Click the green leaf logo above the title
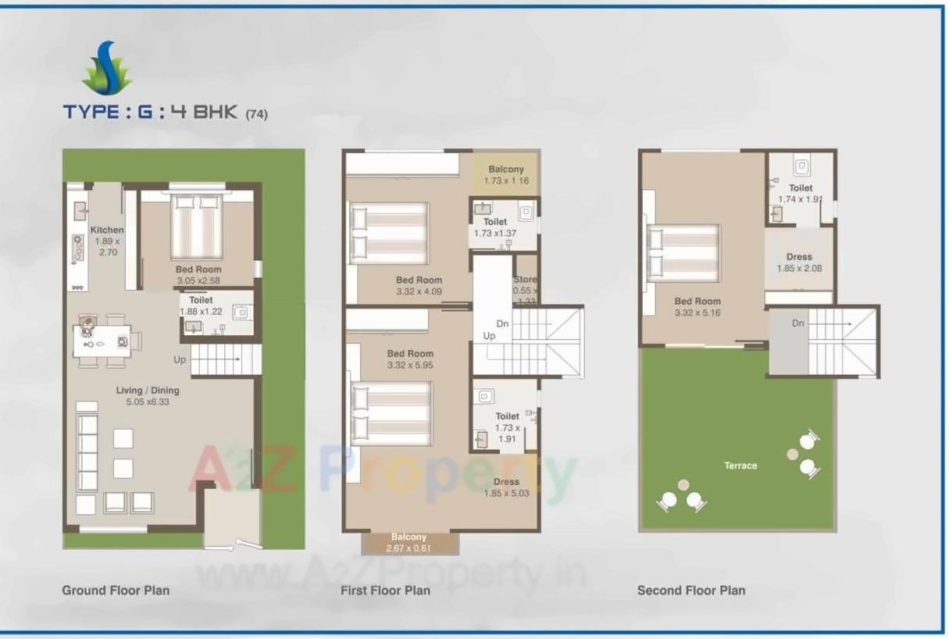(x=107, y=70)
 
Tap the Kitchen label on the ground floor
(x=106, y=241)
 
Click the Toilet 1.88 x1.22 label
(x=201, y=305)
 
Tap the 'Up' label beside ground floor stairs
(x=180, y=360)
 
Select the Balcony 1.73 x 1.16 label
(x=506, y=175)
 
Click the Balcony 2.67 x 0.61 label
(x=408, y=542)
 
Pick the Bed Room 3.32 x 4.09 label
(x=419, y=286)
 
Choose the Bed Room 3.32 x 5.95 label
(x=409, y=359)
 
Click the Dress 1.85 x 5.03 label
(x=506, y=487)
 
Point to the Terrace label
(x=740, y=466)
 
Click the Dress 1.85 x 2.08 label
(x=799, y=262)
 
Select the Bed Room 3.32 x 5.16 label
(x=697, y=307)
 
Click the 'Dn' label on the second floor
(x=797, y=323)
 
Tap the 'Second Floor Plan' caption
(x=690, y=591)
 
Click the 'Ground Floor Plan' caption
(x=116, y=591)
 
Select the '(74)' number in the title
(x=256, y=114)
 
